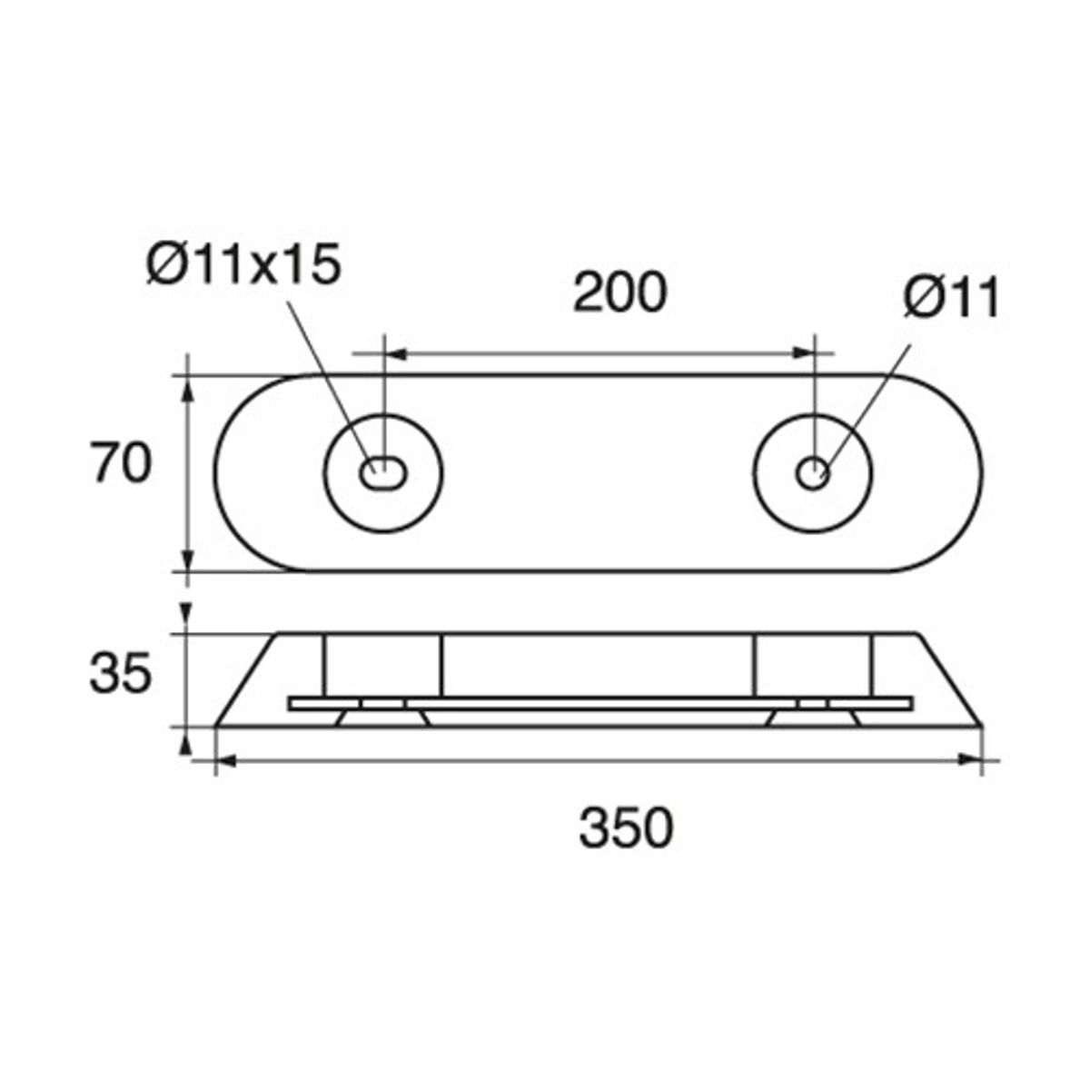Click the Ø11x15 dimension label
tap(243, 265)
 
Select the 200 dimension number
tap(619, 292)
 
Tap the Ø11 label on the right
tap(951, 298)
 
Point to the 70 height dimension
tap(120, 464)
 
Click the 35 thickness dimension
tap(120, 674)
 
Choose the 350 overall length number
tap(627, 827)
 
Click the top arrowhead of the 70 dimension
tap(188, 387)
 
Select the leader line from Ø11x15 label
tap(327, 372)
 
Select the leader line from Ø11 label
tap(867, 400)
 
